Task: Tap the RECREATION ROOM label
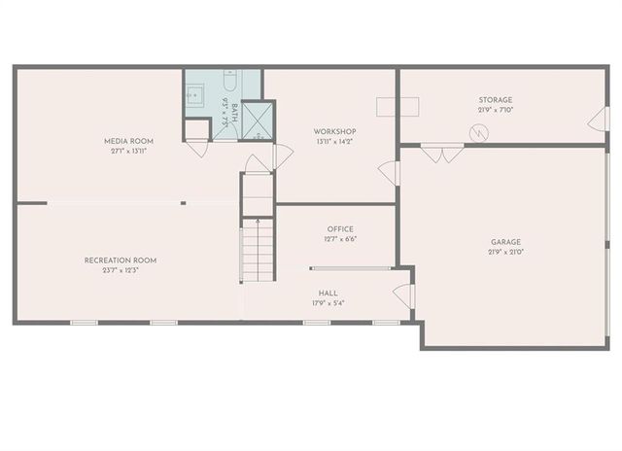[121, 260]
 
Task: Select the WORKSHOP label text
[335, 131]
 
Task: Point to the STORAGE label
[495, 99]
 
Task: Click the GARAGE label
[505, 241]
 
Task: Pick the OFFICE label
[340, 229]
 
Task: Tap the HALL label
[328, 292]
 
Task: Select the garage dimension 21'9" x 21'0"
[505, 252]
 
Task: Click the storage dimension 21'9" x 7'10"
[495, 110]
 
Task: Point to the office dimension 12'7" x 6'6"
[340, 239]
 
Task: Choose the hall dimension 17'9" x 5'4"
[328, 302]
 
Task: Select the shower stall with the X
[258, 120]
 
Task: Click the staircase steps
[258, 249]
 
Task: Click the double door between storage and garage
[440, 153]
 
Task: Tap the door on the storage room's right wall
[599, 120]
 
